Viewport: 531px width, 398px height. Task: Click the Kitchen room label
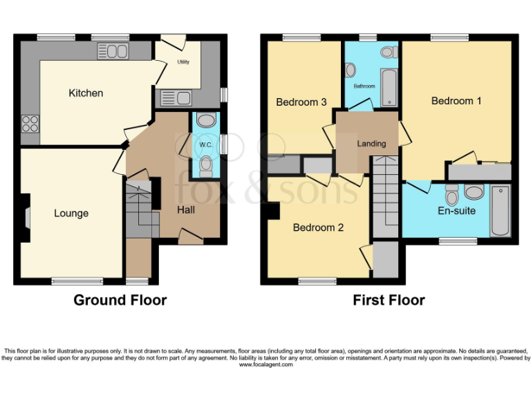86,93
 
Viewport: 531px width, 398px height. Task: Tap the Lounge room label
71,213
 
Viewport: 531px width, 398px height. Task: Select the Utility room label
183,62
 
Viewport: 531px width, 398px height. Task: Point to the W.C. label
205,144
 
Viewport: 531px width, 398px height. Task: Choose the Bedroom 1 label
456,101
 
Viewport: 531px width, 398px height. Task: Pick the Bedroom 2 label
318,227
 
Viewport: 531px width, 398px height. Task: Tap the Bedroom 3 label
301,102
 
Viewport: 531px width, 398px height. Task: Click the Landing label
371,144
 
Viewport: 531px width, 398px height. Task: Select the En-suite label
456,210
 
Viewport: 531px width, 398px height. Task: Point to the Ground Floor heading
120,300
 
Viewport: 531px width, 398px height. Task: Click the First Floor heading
389,300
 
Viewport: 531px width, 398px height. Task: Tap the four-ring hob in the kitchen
30,123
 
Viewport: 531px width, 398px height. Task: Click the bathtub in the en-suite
499,211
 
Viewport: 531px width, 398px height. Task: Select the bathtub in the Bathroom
389,87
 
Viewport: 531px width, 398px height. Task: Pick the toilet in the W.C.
205,164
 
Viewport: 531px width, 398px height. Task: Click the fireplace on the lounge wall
26,217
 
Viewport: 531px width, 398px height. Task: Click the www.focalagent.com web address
265,365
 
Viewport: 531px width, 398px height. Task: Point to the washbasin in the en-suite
474,192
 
